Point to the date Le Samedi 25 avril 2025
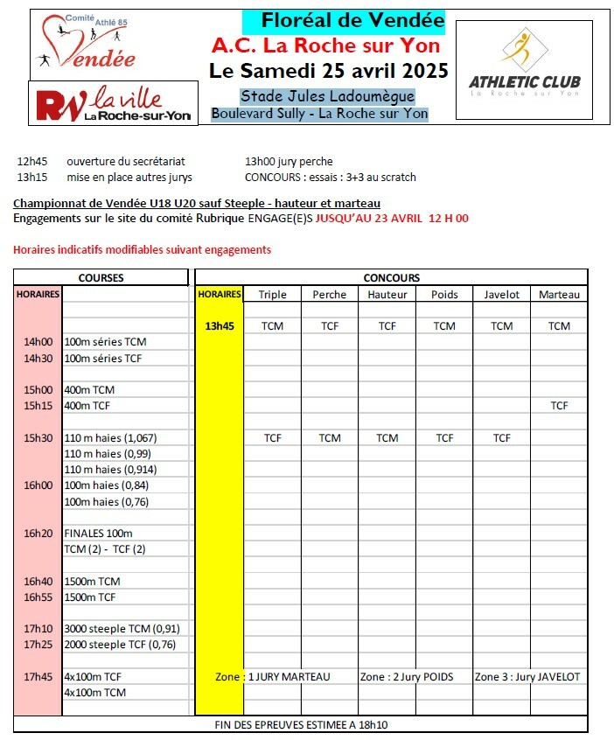(x=329, y=70)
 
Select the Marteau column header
(x=559, y=295)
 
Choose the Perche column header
(x=330, y=295)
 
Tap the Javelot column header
(x=501, y=295)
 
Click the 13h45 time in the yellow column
(x=219, y=325)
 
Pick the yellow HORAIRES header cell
(x=219, y=295)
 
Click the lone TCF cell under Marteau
(x=559, y=406)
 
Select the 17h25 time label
(x=38, y=645)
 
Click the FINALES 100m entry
(x=99, y=533)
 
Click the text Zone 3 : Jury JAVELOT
(x=527, y=677)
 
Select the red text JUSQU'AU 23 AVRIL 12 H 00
(x=392, y=219)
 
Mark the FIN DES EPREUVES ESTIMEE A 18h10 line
(x=300, y=725)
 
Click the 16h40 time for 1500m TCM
(x=38, y=581)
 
